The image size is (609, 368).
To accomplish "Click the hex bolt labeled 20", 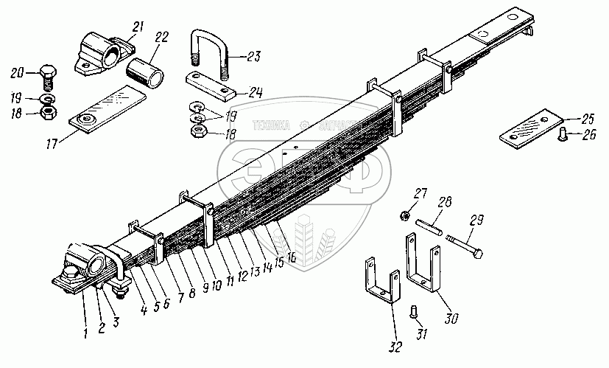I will click(x=46, y=77).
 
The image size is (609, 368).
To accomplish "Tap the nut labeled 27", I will click(x=405, y=215).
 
